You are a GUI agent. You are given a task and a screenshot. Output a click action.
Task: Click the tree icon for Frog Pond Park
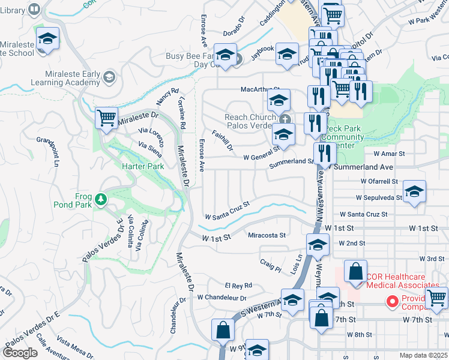[x=101, y=199]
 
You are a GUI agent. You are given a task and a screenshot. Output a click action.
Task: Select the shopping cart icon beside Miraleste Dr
[x=106, y=119]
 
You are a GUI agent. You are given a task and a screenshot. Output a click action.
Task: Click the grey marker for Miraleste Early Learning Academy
[x=109, y=77]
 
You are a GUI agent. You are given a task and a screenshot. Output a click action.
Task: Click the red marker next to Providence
[x=393, y=301]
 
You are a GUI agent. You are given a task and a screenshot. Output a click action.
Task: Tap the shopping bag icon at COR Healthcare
[x=356, y=272]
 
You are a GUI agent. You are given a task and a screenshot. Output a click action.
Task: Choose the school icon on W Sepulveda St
[x=414, y=193]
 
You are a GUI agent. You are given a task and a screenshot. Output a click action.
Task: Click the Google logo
[x=20, y=352]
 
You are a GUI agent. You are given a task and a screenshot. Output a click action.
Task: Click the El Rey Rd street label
[x=238, y=286]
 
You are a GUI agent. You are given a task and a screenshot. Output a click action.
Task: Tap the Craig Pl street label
[x=270, y=266]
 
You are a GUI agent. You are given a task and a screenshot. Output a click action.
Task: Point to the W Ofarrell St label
[x=379, y=181]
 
